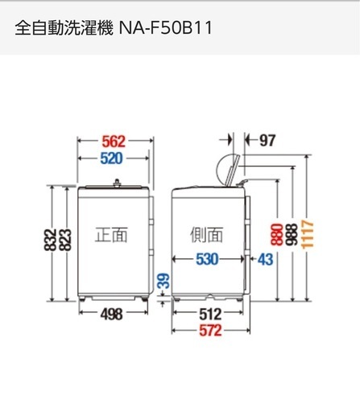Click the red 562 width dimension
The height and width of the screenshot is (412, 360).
(114, 142)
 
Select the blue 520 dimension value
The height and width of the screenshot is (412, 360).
(111, 159)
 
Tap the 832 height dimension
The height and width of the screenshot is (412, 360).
(50, 240)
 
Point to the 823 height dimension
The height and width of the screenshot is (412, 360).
(65, 240)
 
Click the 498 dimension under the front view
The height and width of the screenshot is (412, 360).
(111, 314)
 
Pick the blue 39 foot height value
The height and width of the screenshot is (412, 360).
(163, 281)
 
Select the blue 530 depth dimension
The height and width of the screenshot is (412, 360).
(207, 259)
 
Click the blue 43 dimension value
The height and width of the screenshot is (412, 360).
(266, 259)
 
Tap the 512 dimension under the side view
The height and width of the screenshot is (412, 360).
(210, 314)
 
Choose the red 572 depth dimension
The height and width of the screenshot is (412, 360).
(210, 331)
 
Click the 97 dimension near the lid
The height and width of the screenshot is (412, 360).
(267, 141)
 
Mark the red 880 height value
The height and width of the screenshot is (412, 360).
(277, 234)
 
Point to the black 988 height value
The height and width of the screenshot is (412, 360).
(292, 234)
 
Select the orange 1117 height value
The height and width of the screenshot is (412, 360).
(308, 234)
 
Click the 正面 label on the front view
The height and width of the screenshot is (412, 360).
(111, 235)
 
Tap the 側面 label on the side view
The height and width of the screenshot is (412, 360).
(206, 235)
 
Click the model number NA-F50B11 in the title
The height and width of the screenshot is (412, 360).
(165, 28)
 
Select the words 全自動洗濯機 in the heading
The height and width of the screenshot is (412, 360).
(64, 28)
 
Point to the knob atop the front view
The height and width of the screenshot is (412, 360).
(117, 182)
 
